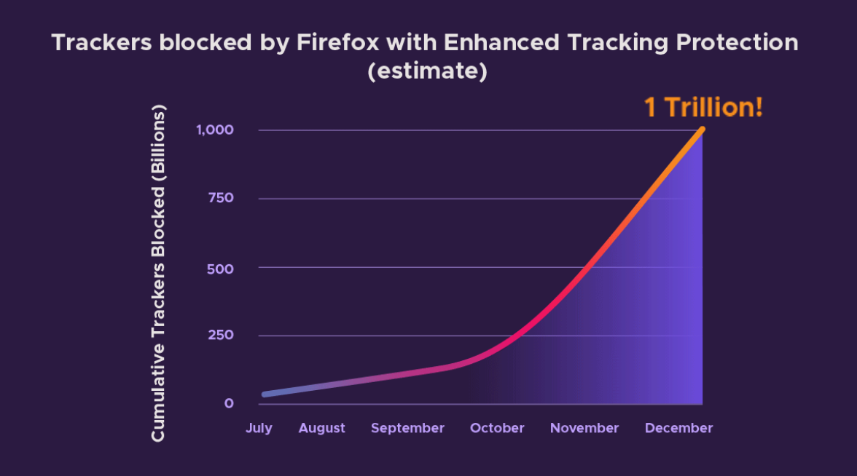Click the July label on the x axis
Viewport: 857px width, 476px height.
(x=259, y=428)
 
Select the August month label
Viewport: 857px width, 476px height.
(x=321, y=428)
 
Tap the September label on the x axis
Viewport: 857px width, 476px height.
(x=407, y=428)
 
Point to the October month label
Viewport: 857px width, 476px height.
(x=497, y=428)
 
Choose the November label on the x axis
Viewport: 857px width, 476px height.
(x=584, y=428)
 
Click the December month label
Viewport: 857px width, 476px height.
(x=678, y=428)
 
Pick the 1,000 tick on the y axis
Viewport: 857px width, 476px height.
(x=214, y=130)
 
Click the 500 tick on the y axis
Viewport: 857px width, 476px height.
(x=219, y=268)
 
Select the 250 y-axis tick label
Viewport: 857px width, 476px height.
(x=219, y=336)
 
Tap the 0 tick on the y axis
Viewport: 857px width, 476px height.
(x=228, y=403)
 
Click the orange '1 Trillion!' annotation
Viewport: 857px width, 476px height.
(x=703, y=108)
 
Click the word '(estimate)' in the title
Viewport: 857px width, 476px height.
(x=428, y=72)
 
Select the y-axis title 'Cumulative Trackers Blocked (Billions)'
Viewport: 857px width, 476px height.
(x=159, y=273)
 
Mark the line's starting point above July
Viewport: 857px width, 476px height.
(x=265, y=394)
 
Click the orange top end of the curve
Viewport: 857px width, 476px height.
(x=702, y=130)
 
